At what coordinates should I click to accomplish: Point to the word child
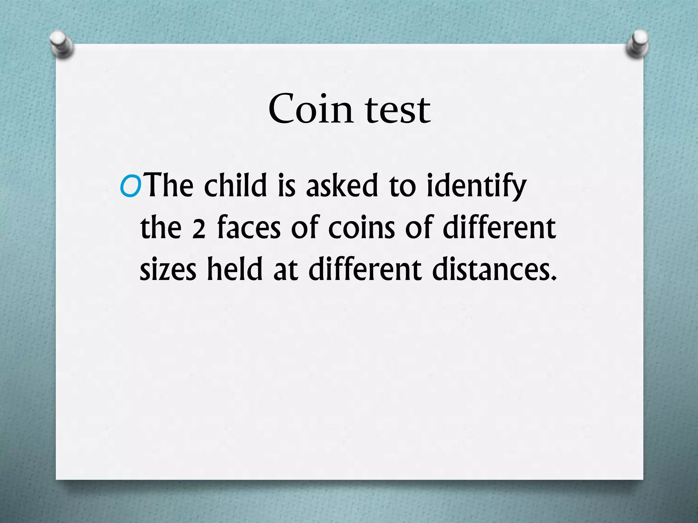[236, 186]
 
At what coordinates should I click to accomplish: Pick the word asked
[342, 186]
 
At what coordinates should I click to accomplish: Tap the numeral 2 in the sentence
[199, 229]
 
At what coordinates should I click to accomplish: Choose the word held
[235, 269]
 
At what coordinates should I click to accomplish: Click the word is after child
[286, 186]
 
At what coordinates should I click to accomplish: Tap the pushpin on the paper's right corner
[637, 44]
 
